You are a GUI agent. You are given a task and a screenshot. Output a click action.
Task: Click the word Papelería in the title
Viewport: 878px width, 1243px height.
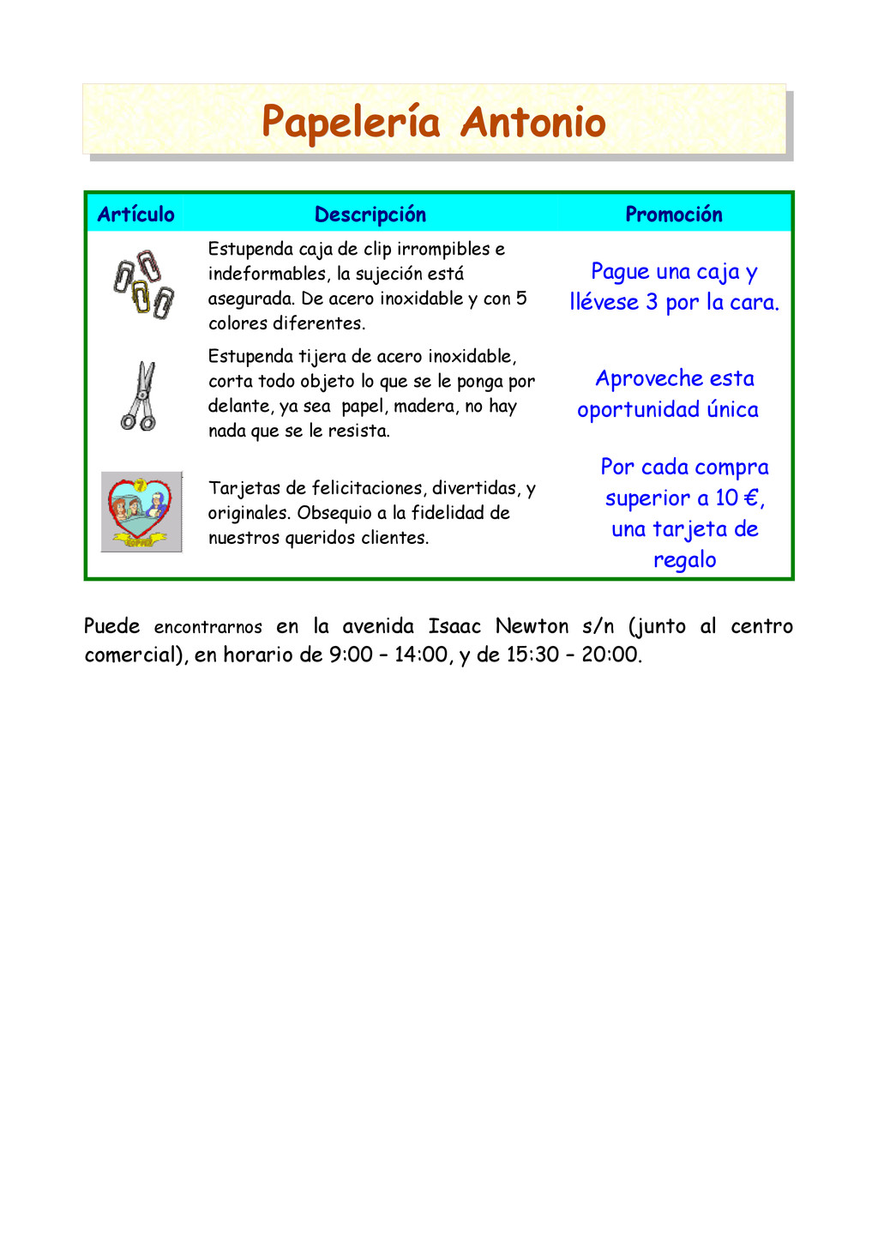(x=351, y=122)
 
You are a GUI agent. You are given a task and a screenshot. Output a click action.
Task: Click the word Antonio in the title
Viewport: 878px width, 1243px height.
(x=532, y=122)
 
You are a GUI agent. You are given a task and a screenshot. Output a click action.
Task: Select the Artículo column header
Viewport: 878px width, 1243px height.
(x=135, y=214)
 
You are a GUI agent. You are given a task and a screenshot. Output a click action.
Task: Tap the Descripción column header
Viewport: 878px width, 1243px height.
(x=370, y=214)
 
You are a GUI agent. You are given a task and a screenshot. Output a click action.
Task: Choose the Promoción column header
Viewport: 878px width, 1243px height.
(x=674, y=214)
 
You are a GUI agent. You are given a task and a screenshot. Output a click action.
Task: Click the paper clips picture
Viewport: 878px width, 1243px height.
(x=144, y=284)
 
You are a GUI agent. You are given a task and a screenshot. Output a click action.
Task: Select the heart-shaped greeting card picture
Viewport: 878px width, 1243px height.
(x=141, y=511)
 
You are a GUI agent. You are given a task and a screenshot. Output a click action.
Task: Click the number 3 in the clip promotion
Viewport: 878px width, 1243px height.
(x=652, y=303)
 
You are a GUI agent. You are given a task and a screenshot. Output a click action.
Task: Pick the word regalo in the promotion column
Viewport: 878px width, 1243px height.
(x=684, y=560)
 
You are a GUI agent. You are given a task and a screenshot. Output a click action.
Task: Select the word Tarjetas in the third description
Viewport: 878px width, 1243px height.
(x=244, y=489)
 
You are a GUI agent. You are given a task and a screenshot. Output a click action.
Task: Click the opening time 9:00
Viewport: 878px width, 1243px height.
(x=351, y=655)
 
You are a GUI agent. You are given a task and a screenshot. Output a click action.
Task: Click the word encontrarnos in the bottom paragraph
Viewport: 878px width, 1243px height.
(x=208, y=627)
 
